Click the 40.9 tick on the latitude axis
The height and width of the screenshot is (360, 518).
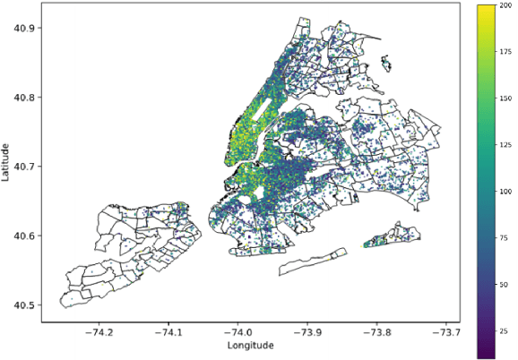[24, 28]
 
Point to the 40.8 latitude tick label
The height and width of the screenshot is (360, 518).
[24, 97]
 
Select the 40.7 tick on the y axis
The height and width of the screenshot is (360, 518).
[24, 167]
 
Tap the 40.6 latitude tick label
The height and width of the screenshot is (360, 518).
[24, 236]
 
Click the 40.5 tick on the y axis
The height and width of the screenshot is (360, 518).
[24, 305]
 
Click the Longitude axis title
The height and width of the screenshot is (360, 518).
[251, 346]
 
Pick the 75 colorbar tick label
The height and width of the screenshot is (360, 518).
[507, 238]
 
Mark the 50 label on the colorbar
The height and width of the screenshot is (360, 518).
[507, 285]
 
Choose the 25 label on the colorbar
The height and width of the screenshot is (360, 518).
[507, 331]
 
